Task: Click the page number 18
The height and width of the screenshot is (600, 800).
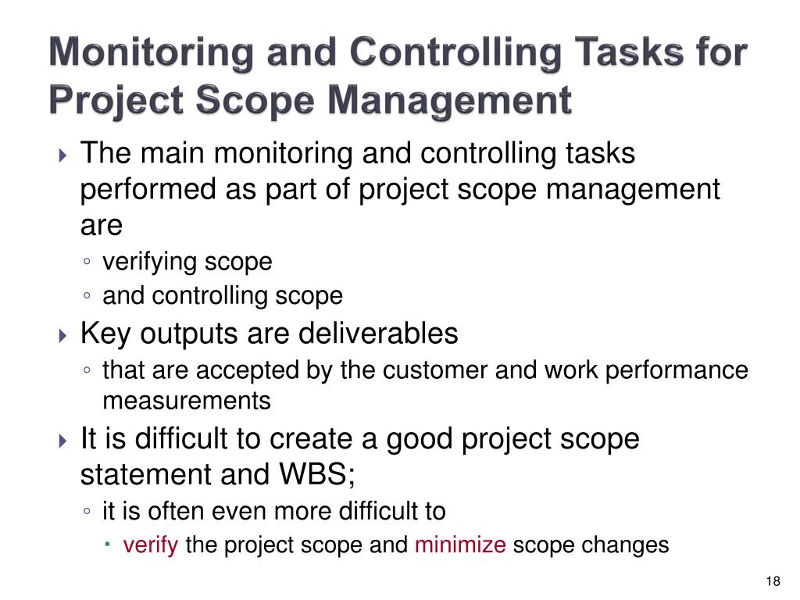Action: point(773,580)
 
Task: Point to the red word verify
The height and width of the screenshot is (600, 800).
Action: point(152,545)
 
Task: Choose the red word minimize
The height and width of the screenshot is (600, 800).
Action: point(460,545)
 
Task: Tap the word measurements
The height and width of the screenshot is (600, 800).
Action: point(187,402)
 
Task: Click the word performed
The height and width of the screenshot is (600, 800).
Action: point(138,190)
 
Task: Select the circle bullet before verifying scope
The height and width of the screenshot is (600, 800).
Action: point(88,262)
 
